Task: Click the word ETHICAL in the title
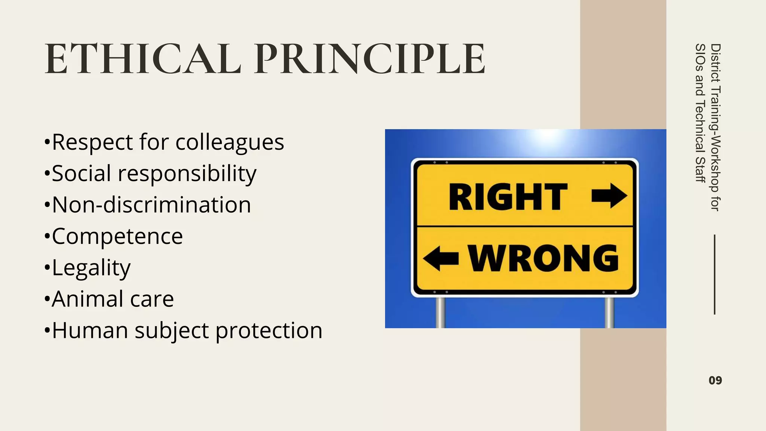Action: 143,59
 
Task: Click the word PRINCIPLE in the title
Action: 370,59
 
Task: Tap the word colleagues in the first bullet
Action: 230,143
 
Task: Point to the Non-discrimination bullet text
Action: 151,205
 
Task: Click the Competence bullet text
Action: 117,236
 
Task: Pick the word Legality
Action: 91,268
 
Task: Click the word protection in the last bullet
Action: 269,331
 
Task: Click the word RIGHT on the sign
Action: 508,197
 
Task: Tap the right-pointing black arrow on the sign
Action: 609,195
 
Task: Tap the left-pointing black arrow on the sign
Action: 441,258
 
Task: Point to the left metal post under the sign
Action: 441,312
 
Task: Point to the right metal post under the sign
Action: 609,312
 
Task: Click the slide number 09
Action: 715,380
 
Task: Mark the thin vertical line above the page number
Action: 714,275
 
